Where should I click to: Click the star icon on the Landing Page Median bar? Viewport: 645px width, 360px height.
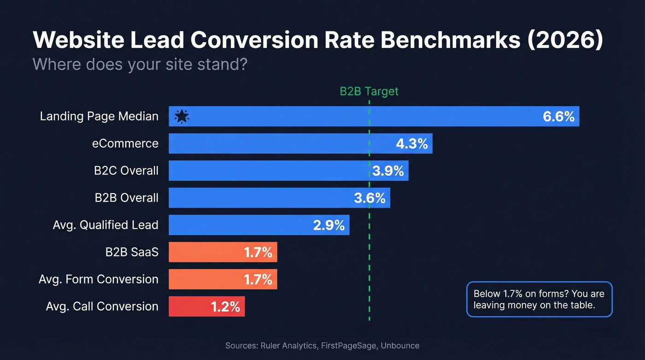[182, 117]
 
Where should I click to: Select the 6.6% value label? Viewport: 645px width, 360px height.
[558, 117]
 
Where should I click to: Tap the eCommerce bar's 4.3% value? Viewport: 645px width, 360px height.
[411, 144]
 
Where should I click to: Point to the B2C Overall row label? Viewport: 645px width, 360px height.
[126, 171]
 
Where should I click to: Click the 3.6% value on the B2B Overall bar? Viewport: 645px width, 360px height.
[369, 198]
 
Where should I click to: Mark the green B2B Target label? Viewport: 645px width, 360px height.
[369, 91]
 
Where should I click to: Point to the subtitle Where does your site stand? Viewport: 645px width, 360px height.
[140, 64]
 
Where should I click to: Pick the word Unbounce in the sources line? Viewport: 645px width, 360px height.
[400, 345]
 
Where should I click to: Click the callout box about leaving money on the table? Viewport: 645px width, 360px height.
[539, 299]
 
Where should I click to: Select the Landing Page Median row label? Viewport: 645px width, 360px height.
[99, 116]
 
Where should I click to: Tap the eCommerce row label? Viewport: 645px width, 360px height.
[125, 143]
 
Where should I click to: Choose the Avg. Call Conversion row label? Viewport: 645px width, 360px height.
[102, 307]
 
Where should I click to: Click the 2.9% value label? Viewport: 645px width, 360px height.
[328, 225]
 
